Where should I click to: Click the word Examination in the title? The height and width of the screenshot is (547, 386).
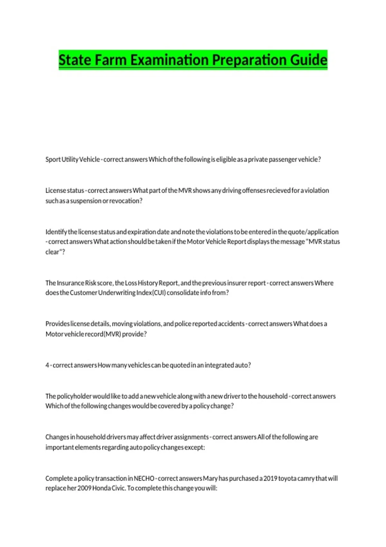click(x=170, y=60)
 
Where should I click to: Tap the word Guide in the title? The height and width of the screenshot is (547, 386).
click(x=308, y=60)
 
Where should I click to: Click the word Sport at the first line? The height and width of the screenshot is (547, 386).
click(x=53, y=160)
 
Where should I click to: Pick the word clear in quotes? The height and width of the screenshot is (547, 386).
click(x=52, y=252)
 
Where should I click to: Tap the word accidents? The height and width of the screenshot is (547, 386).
click(x=231, y=324)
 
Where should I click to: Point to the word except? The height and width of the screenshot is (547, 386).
click(x=195, y=448)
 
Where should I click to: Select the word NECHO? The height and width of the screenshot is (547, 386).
click(x=144, y=478)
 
